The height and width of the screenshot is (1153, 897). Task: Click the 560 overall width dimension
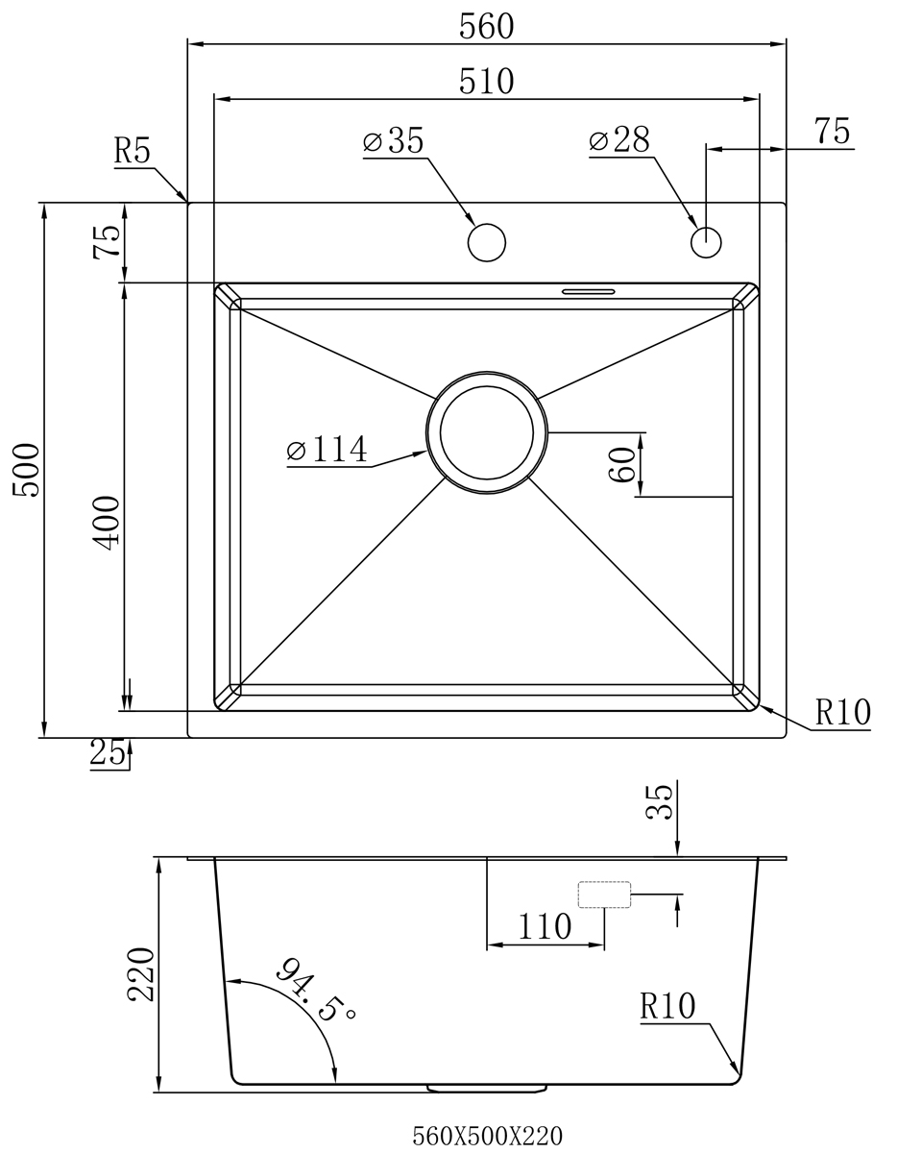(486, 27)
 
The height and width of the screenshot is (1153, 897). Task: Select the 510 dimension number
(486, 81)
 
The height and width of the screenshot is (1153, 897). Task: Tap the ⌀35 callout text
(394, 140)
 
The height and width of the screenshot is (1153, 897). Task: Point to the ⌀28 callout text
(618, 140)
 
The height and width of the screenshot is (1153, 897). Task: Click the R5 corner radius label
(132, 150)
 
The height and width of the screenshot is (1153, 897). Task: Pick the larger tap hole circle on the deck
(487, 242)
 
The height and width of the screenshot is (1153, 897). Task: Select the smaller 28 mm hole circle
(706, 242)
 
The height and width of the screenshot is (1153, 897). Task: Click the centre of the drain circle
(487, 433)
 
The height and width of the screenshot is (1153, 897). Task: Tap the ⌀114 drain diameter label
(327, 449)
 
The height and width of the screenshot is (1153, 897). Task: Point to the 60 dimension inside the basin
(622, 465)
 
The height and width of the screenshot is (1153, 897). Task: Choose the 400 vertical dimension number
(106, 523)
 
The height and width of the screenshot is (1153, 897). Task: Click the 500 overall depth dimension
(26, 470)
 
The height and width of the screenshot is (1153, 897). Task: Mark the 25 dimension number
(108, 752)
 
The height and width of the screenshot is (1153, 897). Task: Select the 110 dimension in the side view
(545, 927)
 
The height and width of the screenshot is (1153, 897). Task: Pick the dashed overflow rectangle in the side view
(604, 895)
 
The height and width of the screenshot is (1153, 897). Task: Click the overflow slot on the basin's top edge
(589, 291)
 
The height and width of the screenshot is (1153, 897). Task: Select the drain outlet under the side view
(487, 1089)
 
